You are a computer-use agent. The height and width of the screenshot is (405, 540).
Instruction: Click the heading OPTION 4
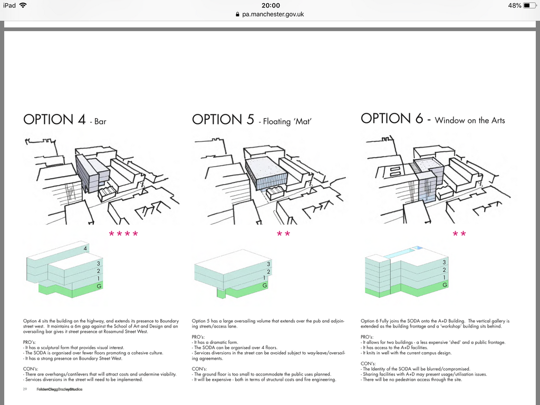pyautogui.click(x=54, y=119)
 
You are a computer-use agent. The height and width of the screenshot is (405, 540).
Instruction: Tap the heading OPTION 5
pyautogui.click(x=223, y=119)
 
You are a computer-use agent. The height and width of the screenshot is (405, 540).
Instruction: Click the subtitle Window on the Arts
pyautogui.click(x=470, y=120)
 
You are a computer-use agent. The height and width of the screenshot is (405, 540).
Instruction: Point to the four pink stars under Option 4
pyautogui.click(x=123, y=234)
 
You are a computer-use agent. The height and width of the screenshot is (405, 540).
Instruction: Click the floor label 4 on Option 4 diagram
pyautogui.click(x=84, y=248)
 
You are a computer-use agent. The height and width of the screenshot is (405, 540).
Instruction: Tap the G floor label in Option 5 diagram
pyautogui.click(x=265, y=285)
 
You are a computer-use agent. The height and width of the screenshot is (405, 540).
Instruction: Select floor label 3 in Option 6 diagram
pyautogui.click(x=445, y=262)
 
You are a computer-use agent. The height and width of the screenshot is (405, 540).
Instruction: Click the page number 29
pyautogui.click(x=25, y=389)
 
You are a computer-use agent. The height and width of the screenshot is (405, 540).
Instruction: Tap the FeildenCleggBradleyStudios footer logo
pyautogui.click(x=59, y=389)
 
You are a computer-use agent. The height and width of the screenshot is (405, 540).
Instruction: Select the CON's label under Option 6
pyautogui.click(x=368, y=363)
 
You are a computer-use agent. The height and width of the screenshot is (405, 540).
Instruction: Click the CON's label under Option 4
pyautogui.click(x=31, y=369)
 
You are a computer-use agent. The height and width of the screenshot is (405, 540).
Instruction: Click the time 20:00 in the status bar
pyautogui.click(x=270, y=5)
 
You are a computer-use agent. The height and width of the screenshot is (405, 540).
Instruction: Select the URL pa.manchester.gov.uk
pyautogui.click(x=273, y=14)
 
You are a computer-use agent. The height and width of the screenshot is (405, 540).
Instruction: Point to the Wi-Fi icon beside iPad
pyautogui.click(x=23, y=5)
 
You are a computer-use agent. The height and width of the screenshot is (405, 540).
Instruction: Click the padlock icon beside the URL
pyautogui.click(x=237, y=14)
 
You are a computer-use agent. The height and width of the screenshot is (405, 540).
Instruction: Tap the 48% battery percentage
pyautogui.click(x=514, y=5)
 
